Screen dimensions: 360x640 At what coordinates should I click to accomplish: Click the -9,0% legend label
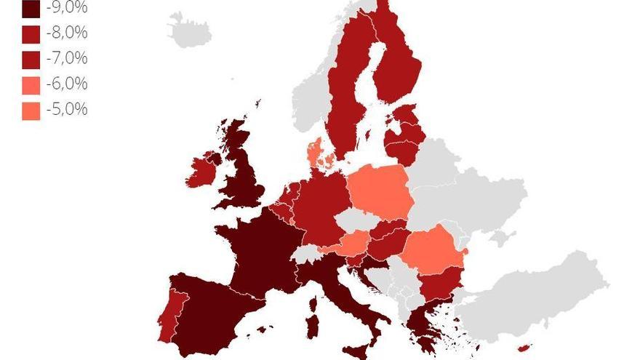click(66, 8)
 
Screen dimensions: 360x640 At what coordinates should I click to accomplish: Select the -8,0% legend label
click(66, 33)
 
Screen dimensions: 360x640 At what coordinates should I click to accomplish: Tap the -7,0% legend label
click(66, 58)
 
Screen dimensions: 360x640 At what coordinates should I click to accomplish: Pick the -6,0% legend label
click(66, 84)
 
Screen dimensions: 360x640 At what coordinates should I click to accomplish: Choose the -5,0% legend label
click(66, 109)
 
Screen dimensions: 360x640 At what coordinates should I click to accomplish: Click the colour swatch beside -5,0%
click(31, 111)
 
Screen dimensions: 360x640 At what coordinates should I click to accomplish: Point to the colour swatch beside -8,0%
click(31, 34)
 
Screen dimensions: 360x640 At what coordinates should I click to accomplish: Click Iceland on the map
click(190, 31)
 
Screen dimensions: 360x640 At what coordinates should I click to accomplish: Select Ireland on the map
click(203, 173)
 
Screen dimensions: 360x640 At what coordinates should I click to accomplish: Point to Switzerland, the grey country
click(310, 253)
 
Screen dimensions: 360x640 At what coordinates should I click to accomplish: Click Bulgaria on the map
click(441, 284)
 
